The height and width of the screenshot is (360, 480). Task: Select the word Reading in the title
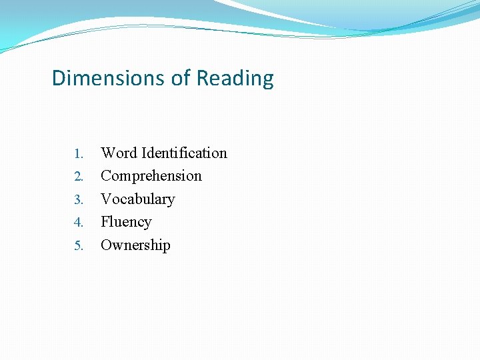(x=235, y=79)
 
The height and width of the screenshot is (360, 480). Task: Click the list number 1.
(x=78, y=154)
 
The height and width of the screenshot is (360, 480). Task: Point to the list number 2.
(x=78, y=177)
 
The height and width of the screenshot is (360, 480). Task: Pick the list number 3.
(x=78, y=200)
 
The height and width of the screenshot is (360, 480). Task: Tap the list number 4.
(x=78, y=223)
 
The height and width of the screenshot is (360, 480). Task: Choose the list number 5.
(x=78, y=246)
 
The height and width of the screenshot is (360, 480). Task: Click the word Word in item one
(x=119, y=153)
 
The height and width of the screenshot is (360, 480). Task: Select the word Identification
(x=184, y=153)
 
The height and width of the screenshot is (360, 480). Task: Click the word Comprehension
(x=151, y=176)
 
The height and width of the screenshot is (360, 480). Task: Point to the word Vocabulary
(x=138, y=199)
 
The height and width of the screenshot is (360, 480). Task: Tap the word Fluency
(x=126, y=222)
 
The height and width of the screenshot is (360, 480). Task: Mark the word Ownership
(x=135, y=245)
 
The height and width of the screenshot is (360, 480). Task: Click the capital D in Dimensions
(x=58, y=78)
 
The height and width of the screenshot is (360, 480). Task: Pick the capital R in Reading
(x=201, y=78)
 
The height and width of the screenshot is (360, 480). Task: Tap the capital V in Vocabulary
(x=107, y=199)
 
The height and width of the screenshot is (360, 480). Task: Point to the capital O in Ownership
(x=107, y=245)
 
